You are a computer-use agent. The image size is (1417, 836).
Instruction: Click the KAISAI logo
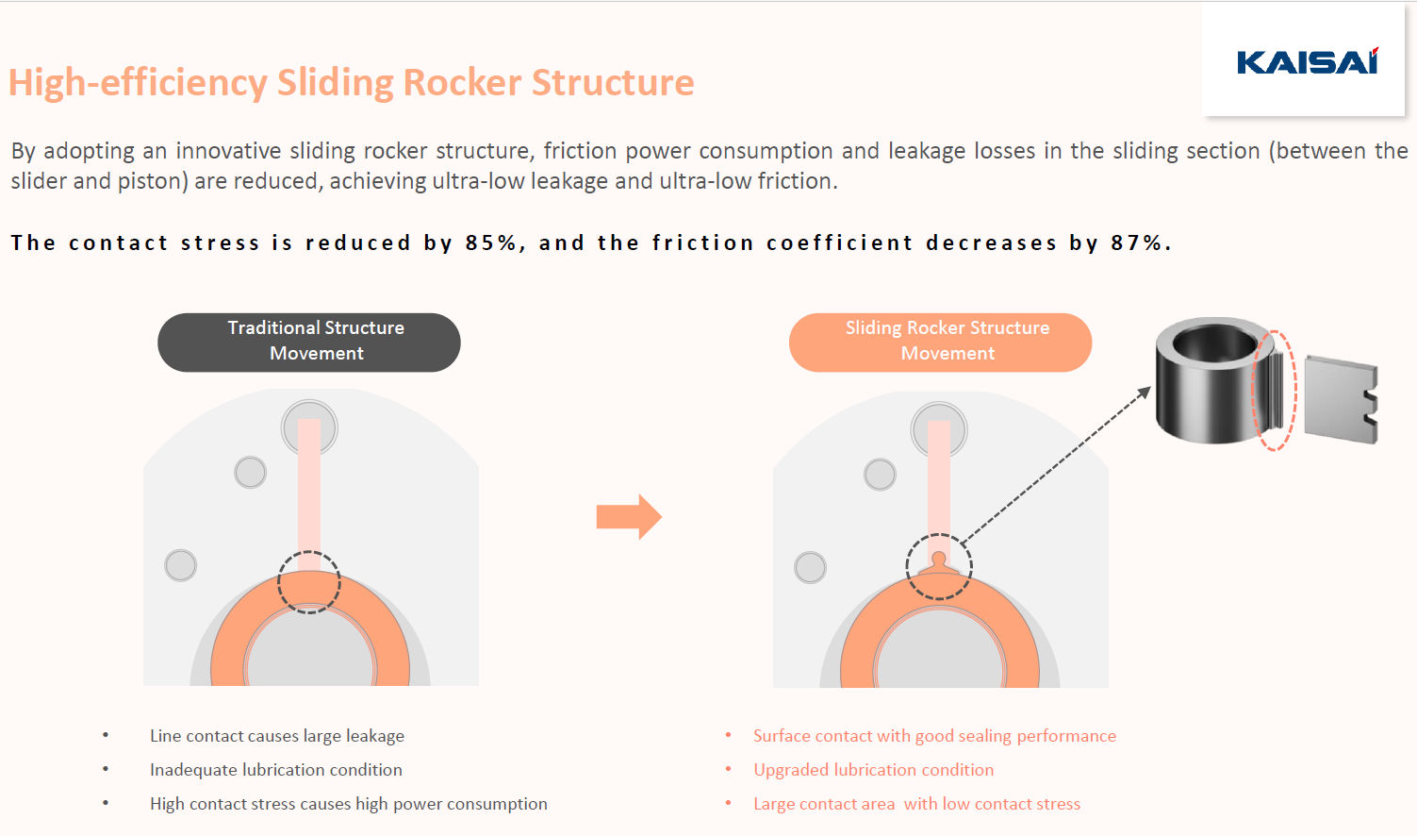1307,62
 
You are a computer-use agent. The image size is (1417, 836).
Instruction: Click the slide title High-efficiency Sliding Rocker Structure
351,83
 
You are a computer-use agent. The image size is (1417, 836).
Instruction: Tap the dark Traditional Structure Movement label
309,342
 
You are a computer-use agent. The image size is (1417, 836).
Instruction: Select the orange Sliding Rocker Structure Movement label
940,342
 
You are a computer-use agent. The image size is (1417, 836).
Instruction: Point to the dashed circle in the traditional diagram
308,582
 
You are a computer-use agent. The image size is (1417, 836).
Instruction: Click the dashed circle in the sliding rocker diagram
938,566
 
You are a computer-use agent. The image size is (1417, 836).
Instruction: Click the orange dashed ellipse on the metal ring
1275,390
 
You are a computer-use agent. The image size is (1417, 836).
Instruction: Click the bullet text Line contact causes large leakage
277,736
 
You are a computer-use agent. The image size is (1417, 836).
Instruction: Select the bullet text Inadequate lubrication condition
276,770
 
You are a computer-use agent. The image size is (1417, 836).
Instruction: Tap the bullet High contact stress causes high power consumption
348,804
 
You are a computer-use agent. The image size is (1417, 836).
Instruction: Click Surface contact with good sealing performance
934,736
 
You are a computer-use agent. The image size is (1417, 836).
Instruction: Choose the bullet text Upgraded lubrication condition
873,770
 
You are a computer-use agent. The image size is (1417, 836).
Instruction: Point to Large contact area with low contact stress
916,804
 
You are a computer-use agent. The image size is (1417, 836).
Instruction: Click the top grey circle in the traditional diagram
309,426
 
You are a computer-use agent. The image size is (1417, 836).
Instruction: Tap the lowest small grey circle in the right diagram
810,567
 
